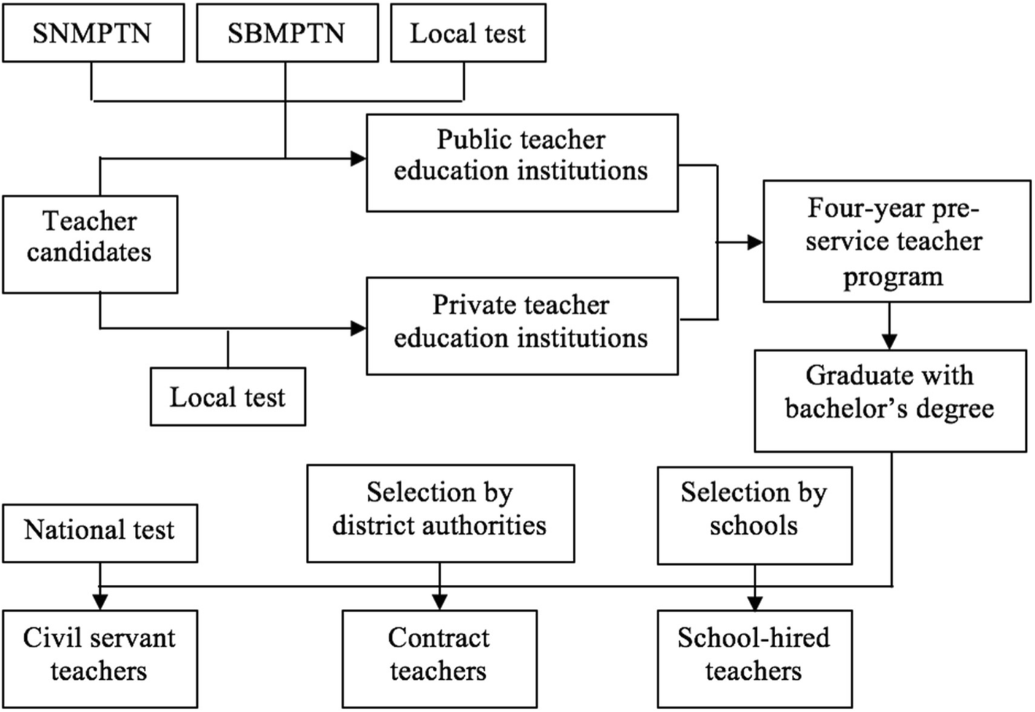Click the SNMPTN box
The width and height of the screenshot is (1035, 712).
coord(93,33)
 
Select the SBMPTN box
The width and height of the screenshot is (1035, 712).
coord(288,33)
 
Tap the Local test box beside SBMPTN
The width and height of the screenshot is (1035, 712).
coord(468,33)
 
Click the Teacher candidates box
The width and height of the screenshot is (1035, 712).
coord(90,245)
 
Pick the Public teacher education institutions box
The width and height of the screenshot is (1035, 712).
coord(522,163)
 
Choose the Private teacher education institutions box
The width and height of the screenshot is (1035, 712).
coord(522,326)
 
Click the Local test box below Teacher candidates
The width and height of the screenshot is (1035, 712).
coord(228,397)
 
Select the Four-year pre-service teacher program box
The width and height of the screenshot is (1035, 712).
coord(897,241)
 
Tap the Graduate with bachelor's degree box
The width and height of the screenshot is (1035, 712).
coord(890,401)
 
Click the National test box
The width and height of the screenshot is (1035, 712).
coord(100,534)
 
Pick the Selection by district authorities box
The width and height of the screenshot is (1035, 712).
coord(441,513)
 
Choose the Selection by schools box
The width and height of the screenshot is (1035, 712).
coord(755,516)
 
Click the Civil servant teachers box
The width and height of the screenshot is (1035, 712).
coord(100,659)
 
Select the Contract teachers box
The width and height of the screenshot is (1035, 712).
coord(439,659)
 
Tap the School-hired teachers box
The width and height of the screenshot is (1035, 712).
coord(755,659)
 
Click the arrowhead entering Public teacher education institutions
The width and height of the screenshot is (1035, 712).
coord(358,158)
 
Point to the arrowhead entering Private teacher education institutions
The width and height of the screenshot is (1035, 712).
coord(358,329)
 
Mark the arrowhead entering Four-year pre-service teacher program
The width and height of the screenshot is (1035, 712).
coord(755,242)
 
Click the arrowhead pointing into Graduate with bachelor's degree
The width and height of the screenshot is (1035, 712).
coord(890,342)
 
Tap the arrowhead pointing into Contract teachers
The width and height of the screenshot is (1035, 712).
coord(439,602)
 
